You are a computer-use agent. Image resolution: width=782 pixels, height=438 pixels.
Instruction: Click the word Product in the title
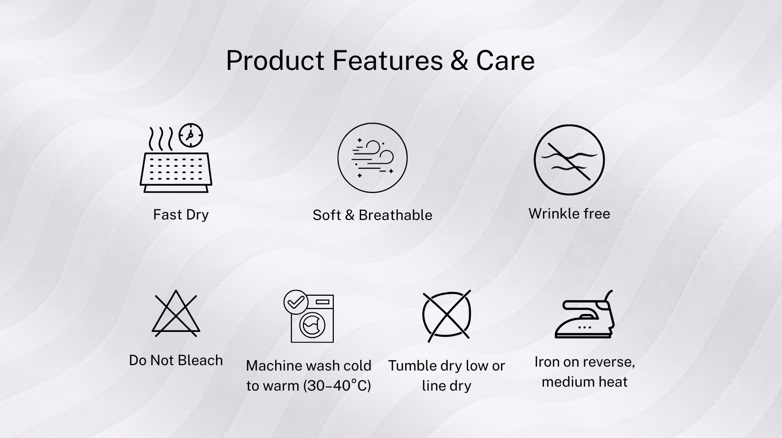tap(275, 61)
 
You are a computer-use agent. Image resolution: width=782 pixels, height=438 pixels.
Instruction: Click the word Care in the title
tap(505, 61)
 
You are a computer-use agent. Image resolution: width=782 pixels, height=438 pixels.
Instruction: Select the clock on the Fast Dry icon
tap(191, 135)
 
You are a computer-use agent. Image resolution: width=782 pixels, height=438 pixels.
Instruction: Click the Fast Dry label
tap(181, 215)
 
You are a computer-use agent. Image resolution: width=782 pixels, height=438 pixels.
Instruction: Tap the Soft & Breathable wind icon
tap(372, 157)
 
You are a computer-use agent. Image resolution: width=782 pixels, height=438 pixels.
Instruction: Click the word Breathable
tap(395, 215)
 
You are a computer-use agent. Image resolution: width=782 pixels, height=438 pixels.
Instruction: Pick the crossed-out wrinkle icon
tap(569, 160)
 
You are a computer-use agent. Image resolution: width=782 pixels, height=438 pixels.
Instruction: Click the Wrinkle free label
tap(569, 214)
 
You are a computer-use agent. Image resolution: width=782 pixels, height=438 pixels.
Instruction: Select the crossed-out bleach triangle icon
tap(176, 313)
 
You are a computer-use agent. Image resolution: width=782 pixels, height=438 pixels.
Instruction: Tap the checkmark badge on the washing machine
tap(296, 302)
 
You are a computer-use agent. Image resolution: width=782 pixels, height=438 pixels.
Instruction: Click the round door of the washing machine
tap(312, 325)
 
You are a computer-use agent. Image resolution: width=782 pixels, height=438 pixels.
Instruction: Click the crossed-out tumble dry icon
tap(447, 315)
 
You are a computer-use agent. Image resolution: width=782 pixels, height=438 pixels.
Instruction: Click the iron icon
tap(585, 314)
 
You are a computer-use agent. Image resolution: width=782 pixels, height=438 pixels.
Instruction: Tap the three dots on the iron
tap(585, 327)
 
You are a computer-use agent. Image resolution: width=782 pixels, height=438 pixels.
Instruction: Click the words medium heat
tap(585, 382)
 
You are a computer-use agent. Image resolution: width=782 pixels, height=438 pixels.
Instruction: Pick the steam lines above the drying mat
tap(161, 139)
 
